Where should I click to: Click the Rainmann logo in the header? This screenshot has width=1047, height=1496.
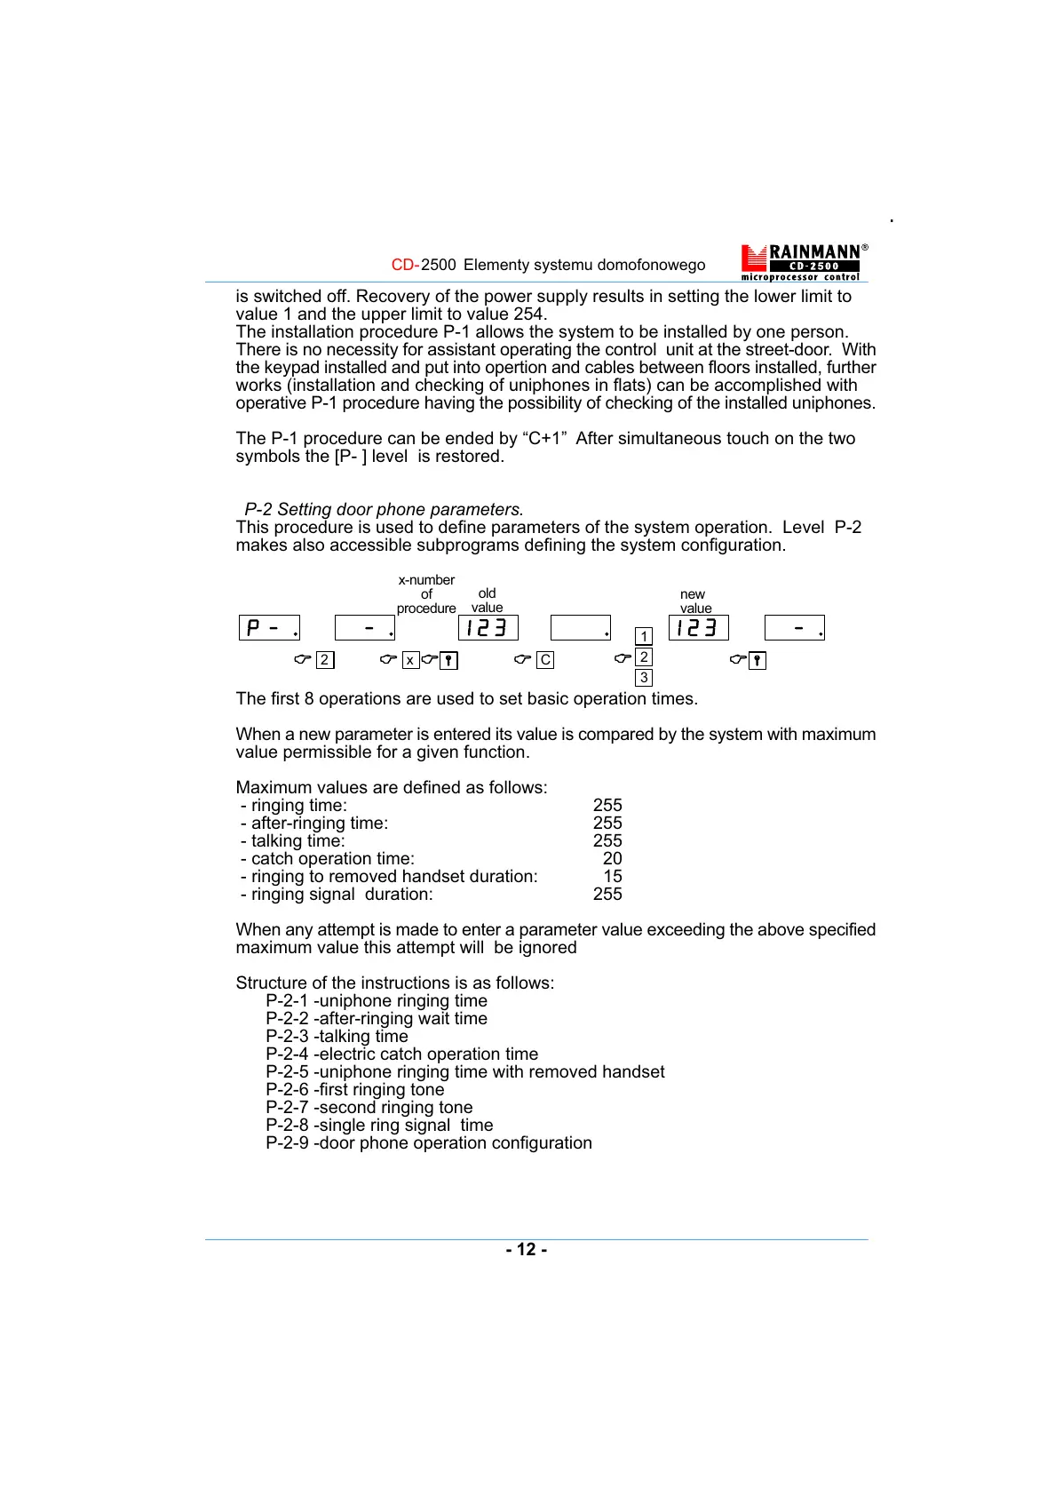(x=804, y=262)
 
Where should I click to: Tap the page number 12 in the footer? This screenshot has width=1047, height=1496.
(x=527, y=1249)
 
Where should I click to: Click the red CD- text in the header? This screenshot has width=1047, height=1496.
(x=405, y=265)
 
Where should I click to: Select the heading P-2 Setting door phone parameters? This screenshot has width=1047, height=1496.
(x=384, y=509)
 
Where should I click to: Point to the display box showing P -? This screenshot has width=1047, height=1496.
(x=269, y=628)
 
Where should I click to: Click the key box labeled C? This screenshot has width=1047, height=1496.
(x=545, y=660)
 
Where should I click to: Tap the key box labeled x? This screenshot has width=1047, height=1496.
(x=410, y=660)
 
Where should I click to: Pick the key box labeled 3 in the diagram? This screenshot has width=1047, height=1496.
(x=644, y=678)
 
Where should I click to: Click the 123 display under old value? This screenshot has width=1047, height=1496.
(x=488, y=628)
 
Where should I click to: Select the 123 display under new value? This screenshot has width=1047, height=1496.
(x=698, y=628)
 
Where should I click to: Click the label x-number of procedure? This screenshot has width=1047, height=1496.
(x=426, y=593)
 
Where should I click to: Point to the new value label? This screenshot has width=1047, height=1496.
(x=694, y=601)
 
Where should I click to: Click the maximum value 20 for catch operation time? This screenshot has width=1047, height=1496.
(x=612, y=858)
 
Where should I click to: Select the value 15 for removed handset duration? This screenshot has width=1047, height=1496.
(x=613, y=876)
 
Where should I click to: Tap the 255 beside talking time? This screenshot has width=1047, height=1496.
(x=607, y=840)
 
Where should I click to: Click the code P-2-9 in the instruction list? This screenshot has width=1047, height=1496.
(x=287, y=1142)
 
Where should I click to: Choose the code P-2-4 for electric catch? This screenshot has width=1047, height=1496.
(x=287, y=1054)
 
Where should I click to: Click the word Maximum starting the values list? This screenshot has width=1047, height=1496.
(x=272, y=787)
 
